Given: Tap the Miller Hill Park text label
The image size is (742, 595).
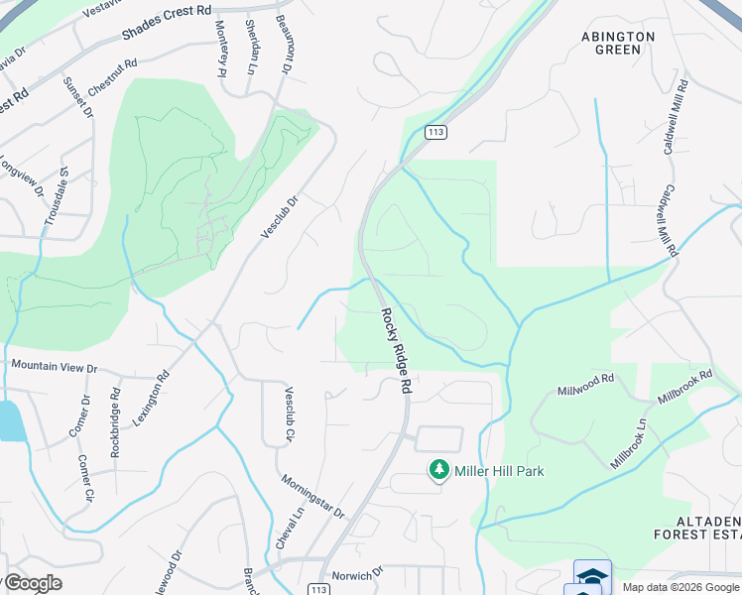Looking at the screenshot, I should pyautogui.click(x=500, y=471).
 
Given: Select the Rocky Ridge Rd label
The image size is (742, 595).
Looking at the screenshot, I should pyautogui.click(x=393, y=351).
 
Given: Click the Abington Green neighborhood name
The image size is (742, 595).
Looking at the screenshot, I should pyautogui.click(x=618, y=43).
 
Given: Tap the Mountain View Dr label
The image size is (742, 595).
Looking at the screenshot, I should pyautogui.click(x=55, y=367).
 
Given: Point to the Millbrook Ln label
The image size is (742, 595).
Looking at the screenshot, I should pyautogui.click(x=629, y=443).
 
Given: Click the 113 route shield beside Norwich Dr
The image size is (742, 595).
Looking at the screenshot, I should pyautogui.click(x=318, y=589).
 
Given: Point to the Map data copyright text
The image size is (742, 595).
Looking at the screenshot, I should pyautogui.click(x=680, y=587).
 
